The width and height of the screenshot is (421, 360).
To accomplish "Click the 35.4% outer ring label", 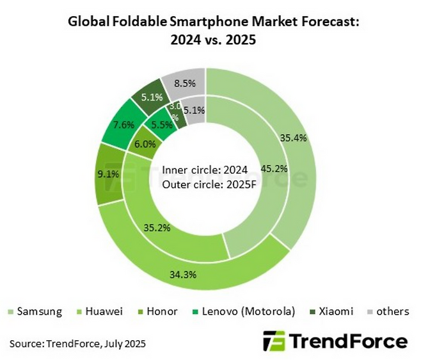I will click(x=293, y=137).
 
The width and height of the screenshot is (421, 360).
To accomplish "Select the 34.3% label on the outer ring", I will click(x=182, y=275).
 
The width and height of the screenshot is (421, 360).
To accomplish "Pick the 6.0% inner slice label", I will click(x=145, y=144).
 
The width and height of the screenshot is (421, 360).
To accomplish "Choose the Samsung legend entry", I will click(x=36, y=312).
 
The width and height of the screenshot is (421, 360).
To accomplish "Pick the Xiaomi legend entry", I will click(x=328, y=312).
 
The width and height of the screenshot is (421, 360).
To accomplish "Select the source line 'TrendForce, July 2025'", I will click(x=96, y=344).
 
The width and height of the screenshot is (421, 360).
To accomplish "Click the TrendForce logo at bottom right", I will click(x=335, y=341).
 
